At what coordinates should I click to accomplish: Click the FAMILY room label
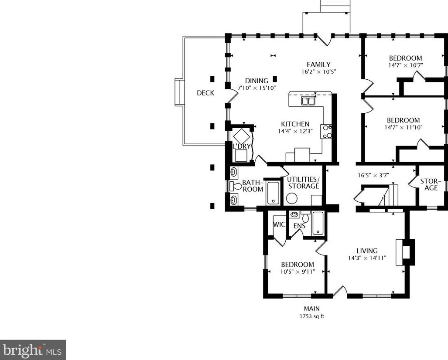coord(318,65)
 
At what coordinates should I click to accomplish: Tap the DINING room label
coord(256,81)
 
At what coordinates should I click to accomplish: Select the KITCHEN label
coord(295,124)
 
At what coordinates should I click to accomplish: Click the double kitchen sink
coord(309,101)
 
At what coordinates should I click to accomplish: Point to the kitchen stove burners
coord(326,131)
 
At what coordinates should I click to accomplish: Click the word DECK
coord(205,93)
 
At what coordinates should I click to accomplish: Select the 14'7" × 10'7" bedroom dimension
coord(405,65)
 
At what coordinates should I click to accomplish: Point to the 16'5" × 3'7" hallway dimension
coord(373,176)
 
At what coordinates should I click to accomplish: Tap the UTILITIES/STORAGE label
coord(303,183)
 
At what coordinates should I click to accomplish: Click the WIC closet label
coord(279,224)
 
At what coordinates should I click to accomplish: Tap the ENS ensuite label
coord(299,226)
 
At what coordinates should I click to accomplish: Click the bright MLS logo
coord(33,350)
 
